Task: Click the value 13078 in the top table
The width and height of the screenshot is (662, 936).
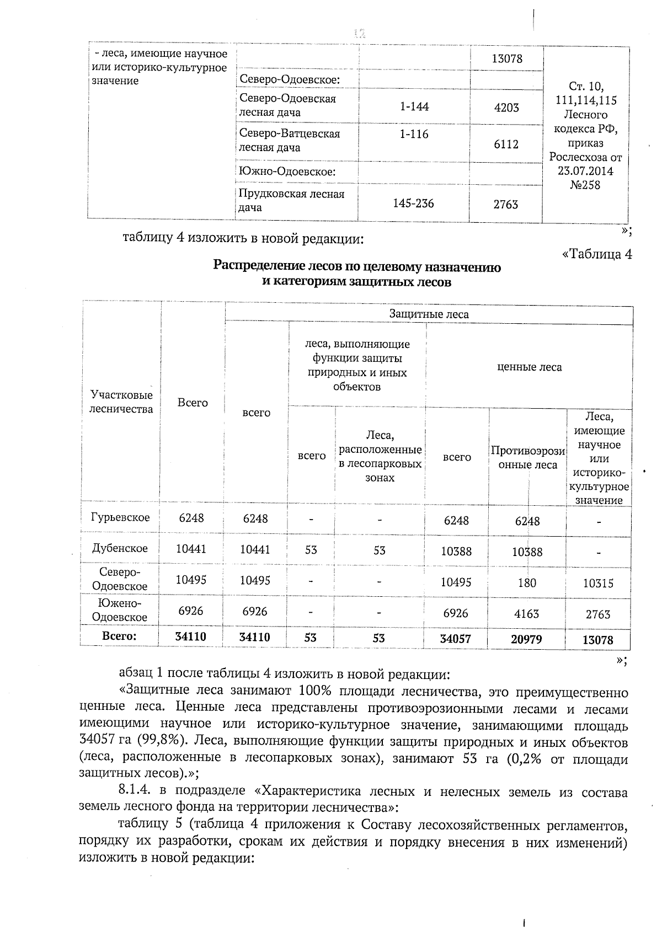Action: pyautogui.click(x=506, y=58)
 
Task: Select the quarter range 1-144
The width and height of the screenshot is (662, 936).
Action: pyautogui.click(x=414, y=106)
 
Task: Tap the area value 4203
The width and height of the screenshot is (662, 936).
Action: pyautogui.click(x=506, y=108)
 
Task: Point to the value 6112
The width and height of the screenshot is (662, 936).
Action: pyautogui.click(x=506, y=144)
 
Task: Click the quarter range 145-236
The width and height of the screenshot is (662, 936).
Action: pyautogui.click(x=413, y=204)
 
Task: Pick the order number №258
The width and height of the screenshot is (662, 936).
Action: pyautogui.click(x=585, y=185)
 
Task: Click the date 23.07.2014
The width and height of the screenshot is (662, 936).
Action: pyautogui.click(x=585, y=171)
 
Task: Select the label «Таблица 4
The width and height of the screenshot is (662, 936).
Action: pyautogui.click(x=596, y=254)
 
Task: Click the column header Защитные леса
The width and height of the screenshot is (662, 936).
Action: pyautogui.click(x=429, y=314)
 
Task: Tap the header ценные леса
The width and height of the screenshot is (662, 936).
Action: pyautogui.click(x=529, y=367)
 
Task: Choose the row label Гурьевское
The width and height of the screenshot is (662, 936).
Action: pyautogui.click(x=120, y=517)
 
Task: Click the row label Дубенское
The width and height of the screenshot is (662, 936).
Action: pyautogui.click(x=120, y=548)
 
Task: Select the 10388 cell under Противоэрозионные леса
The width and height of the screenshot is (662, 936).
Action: pyautogui.click(x=527, y=552)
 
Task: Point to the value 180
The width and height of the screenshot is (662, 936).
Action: pyautogui.click(x=527, y=583)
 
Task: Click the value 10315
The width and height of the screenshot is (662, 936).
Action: pyautogui.click(x=598, y=584)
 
